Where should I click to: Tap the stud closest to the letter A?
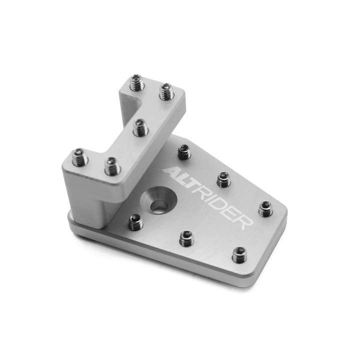184,151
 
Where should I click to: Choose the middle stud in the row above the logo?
222,178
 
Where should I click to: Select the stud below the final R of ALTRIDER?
239,255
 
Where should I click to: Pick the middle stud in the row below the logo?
186,237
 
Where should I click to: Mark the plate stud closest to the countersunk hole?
135,222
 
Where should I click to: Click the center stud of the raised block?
140,127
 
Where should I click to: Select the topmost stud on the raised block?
137,82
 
